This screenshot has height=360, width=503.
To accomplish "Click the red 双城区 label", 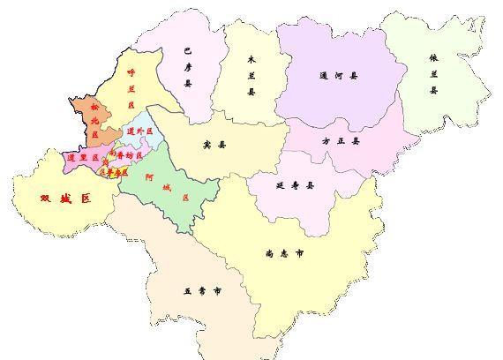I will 66,199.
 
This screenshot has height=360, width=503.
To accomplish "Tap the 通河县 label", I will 339,76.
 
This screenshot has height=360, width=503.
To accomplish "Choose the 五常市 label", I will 202,290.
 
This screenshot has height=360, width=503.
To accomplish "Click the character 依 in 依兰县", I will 433,58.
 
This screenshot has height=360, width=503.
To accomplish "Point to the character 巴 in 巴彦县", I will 187,51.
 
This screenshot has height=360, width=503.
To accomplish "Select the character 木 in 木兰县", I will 251,59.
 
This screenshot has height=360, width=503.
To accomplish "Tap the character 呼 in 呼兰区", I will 131,73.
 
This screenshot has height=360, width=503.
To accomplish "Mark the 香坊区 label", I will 122,155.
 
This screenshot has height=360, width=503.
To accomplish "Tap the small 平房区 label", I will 117,172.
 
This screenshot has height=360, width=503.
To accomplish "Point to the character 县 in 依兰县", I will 433,90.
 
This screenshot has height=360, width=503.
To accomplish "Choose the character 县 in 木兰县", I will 251,91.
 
